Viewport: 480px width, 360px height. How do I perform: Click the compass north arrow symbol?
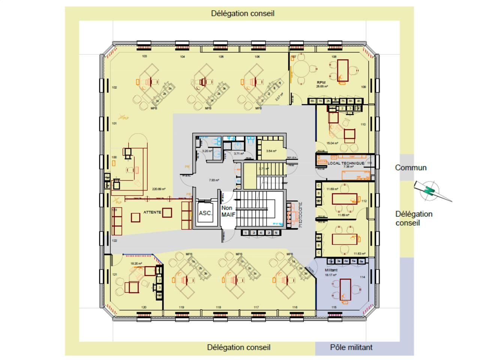pyautogui.click(x=429, y=190)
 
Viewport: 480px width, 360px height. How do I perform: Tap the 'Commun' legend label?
pyautogui.click(x=411, y=168)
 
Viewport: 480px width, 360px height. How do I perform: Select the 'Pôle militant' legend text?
pyautogui.click(x=351, y=347)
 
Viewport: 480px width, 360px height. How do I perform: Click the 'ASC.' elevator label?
pyautogui.click(x=205, y=213)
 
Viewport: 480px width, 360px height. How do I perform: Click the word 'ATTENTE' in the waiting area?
pyautogui.click(x=152, y=212)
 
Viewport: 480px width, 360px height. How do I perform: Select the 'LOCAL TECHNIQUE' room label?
pyautogui.click(x=345, y=163)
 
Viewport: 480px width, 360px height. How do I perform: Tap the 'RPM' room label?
pyautogui.click(x=321, y=82)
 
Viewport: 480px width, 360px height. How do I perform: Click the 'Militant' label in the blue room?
pyautogui.click(x=331, y=270)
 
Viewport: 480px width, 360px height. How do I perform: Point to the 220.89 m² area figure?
pyautogui.click(x=159, y=189)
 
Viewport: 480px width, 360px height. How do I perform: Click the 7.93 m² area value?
pyautogui.click(x=214, y=180)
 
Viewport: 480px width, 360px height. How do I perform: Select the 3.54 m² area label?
pyautogui.click(x=271, y=151)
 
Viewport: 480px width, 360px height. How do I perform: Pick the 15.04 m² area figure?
pyautogui.click(x=332, y=143)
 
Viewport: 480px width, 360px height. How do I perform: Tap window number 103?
pyautogui.click(x=144, y=57)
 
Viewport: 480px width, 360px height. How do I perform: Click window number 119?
pyautogui.click(x=181, y=307)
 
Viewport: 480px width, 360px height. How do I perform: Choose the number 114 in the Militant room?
pyautogui.click(x=362, y=277)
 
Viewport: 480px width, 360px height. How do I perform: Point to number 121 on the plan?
pyautogui.click(x=115, y=275)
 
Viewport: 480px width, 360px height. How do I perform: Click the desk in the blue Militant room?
pyautogui.click(x=345, y=289)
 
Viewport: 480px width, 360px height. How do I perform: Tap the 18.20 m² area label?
pyautogui.click(x=136, y=264)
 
